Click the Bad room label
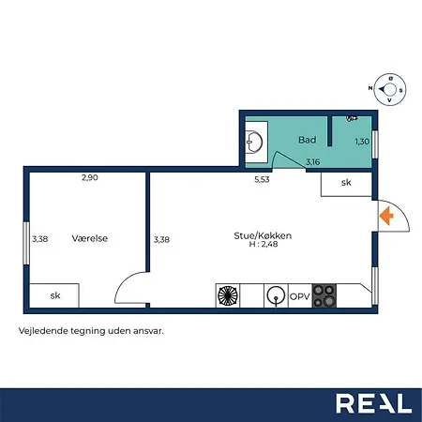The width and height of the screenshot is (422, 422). click(x=307, y=140)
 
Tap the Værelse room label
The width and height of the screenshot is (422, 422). click(x=90, y=238)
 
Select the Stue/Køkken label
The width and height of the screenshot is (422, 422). click(x=263, y=235)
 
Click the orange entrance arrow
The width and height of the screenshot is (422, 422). click(x=386, y=216)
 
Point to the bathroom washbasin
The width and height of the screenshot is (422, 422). click(x=254, y=143)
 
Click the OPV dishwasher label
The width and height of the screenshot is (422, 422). click(x=300, y=296)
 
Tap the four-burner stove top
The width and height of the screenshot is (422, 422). click(x=324, y=295)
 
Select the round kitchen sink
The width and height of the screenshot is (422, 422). click(x=276, y=295)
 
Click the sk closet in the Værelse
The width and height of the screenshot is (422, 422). click(x=54, y=295)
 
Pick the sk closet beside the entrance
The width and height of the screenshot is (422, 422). click(x=346, y=184)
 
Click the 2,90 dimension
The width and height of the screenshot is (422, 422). click(x=90, y=177)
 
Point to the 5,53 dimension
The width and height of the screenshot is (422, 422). click(x=262, y=179)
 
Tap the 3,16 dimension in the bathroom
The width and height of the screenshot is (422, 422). click(x=313, y=162)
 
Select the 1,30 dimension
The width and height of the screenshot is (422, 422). click(x=362, y=142)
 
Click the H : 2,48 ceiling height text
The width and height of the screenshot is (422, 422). click(x=264, y=244)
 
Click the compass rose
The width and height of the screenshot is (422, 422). click(x=390, y=89)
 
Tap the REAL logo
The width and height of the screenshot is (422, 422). click(x=374, y=403)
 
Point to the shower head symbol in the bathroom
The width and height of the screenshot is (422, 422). click(x=352, y=118)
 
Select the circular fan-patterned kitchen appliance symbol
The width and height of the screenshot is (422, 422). click(x=228, y=295)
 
